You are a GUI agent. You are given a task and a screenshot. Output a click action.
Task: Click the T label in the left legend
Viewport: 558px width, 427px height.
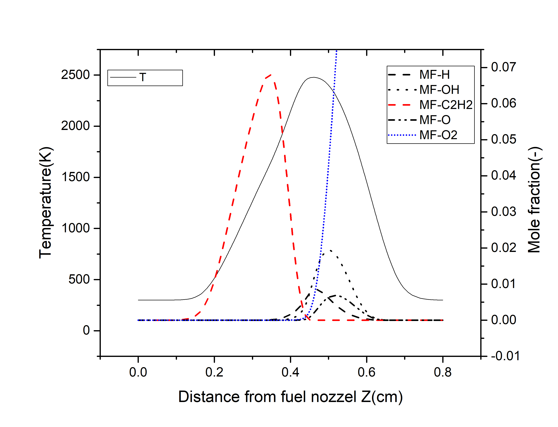(x=143, y=77)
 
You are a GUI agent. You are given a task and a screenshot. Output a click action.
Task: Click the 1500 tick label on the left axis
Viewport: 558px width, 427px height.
(x=75, y=177)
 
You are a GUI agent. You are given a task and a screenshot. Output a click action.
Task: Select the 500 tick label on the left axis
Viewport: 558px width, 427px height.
(x=79, y=280)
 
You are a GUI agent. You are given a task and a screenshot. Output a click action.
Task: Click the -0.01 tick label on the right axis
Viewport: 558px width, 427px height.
(x=505, y=356)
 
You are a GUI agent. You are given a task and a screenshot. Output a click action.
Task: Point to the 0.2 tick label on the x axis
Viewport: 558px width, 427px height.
(x=214, y=372)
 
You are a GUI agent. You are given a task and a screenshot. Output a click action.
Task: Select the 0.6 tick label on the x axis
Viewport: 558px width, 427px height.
(x=366, y=372)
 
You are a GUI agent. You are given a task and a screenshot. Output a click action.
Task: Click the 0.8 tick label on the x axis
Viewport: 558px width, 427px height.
(x=442, y=372)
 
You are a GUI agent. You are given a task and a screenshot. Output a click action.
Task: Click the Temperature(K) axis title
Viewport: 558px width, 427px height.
(x=46, y=203)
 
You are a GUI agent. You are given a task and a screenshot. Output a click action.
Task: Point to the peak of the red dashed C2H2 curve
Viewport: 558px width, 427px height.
(x=271, y=75)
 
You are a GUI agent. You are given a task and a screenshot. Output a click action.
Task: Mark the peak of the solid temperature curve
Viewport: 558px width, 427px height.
(x=313, y=77)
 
